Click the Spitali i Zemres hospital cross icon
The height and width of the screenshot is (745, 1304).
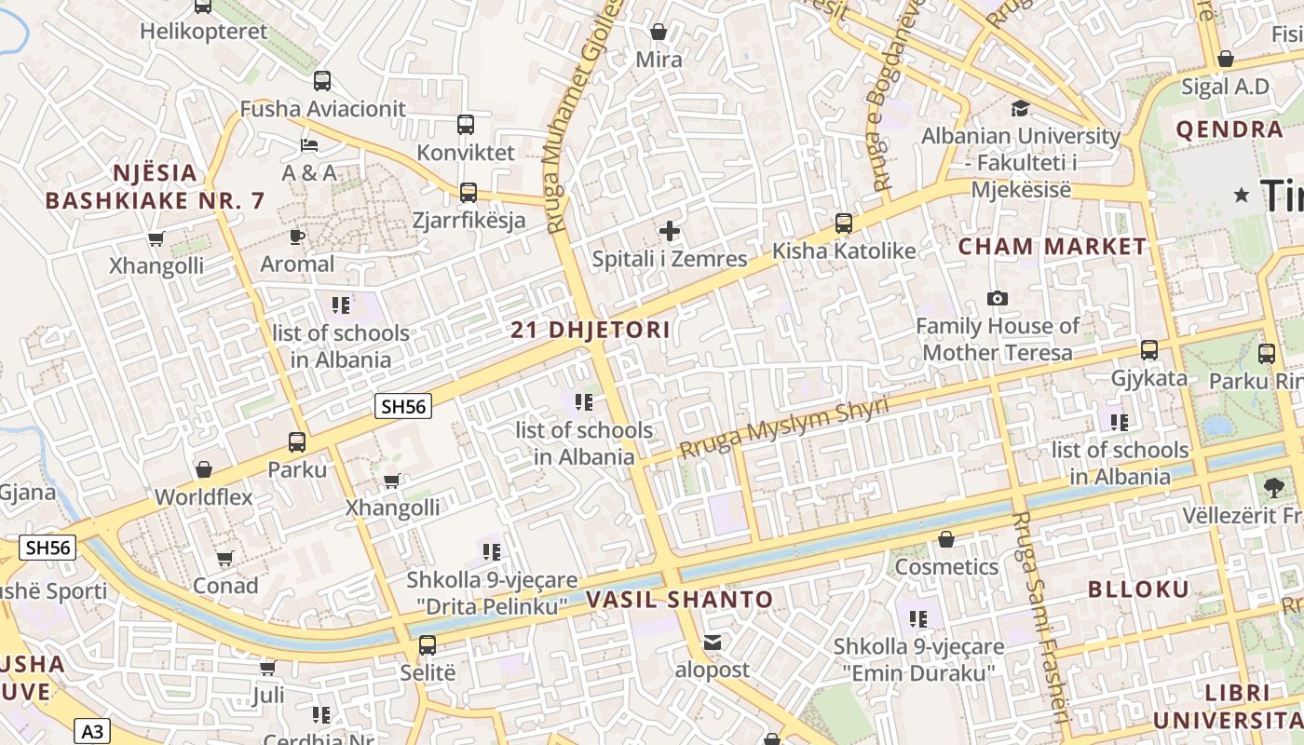[x=669, y=231]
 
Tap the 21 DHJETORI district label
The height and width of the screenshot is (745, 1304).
[x=591, y=330]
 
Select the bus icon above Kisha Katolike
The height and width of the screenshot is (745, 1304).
[x=844, y=223]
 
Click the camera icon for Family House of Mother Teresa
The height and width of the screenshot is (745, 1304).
[x=998, y=298]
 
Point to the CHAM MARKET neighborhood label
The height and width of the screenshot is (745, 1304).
[x=1053, y=247]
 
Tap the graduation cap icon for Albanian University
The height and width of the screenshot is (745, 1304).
[x=1020, y=108]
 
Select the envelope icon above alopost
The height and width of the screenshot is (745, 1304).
[x=713, y=642]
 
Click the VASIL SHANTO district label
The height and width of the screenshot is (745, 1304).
[x=680, y=600]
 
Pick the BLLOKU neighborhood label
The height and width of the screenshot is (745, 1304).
[x=1138, y=589]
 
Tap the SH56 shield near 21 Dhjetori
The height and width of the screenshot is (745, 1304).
[x=403, y=406]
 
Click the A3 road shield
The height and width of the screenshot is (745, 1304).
[x=91, y=731]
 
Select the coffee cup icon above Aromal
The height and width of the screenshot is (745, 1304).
[x=297, y=237]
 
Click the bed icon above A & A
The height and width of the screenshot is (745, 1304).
[x=309, y=145]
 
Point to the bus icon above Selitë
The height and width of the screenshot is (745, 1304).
[x=428, y=644]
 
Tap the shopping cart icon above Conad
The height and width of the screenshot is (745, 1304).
[x=224, y=559]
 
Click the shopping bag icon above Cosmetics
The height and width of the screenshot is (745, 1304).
[x=946, y=539]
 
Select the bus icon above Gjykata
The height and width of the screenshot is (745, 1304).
[x=1149, y=350]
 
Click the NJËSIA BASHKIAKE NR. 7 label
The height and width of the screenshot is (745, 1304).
[x=155, y=186]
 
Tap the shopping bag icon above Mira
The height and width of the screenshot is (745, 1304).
[x=659, y=32]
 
